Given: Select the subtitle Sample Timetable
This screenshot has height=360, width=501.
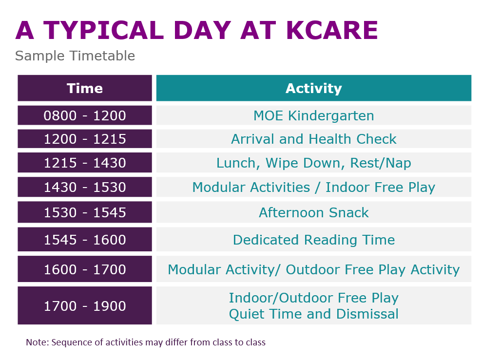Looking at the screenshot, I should click(75, 56).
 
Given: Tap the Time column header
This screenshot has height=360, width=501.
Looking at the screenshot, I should click(85, 88).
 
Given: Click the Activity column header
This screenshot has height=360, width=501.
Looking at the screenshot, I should click(313, 88).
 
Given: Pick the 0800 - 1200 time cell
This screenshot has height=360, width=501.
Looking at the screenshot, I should click(85, 115).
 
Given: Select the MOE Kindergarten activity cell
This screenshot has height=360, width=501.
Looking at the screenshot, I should click(313, 115).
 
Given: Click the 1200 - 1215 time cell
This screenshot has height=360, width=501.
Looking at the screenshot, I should click(85, 139).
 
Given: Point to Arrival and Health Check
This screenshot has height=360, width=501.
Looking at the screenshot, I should click(313, 139).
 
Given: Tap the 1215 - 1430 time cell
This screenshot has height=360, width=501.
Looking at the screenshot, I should click(85, 163).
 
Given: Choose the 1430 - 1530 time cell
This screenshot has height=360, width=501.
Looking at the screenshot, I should click(85, 187).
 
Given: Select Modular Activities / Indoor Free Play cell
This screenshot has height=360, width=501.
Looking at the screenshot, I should click(313, 187).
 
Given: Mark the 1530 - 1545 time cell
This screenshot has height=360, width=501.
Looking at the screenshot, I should click(85, 212).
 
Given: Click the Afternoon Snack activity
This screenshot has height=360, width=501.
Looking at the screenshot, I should click(313, 212).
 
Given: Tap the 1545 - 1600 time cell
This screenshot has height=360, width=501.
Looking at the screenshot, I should click(85, 240).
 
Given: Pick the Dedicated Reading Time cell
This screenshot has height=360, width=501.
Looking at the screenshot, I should click(313, 240).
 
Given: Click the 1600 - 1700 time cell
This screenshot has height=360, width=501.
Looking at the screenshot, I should click(85, 269).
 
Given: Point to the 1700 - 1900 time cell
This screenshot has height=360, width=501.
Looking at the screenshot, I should click(85, 306).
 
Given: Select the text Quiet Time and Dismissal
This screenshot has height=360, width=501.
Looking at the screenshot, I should click(313, 314).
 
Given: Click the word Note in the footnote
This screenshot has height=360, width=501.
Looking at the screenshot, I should click(35, 342).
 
